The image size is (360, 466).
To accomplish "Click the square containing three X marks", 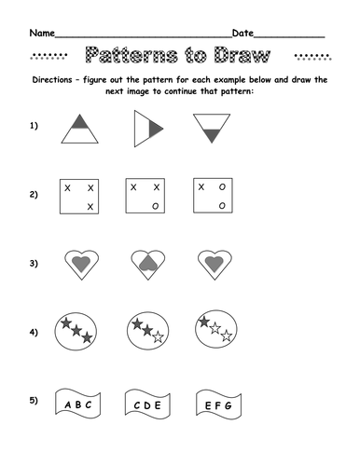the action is click(x=78, y=195).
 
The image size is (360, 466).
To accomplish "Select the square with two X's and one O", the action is click(x=145, y=195).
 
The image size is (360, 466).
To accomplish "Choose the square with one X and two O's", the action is click(x=212, y=195).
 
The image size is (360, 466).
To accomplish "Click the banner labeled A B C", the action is click(x=78, y=404).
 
